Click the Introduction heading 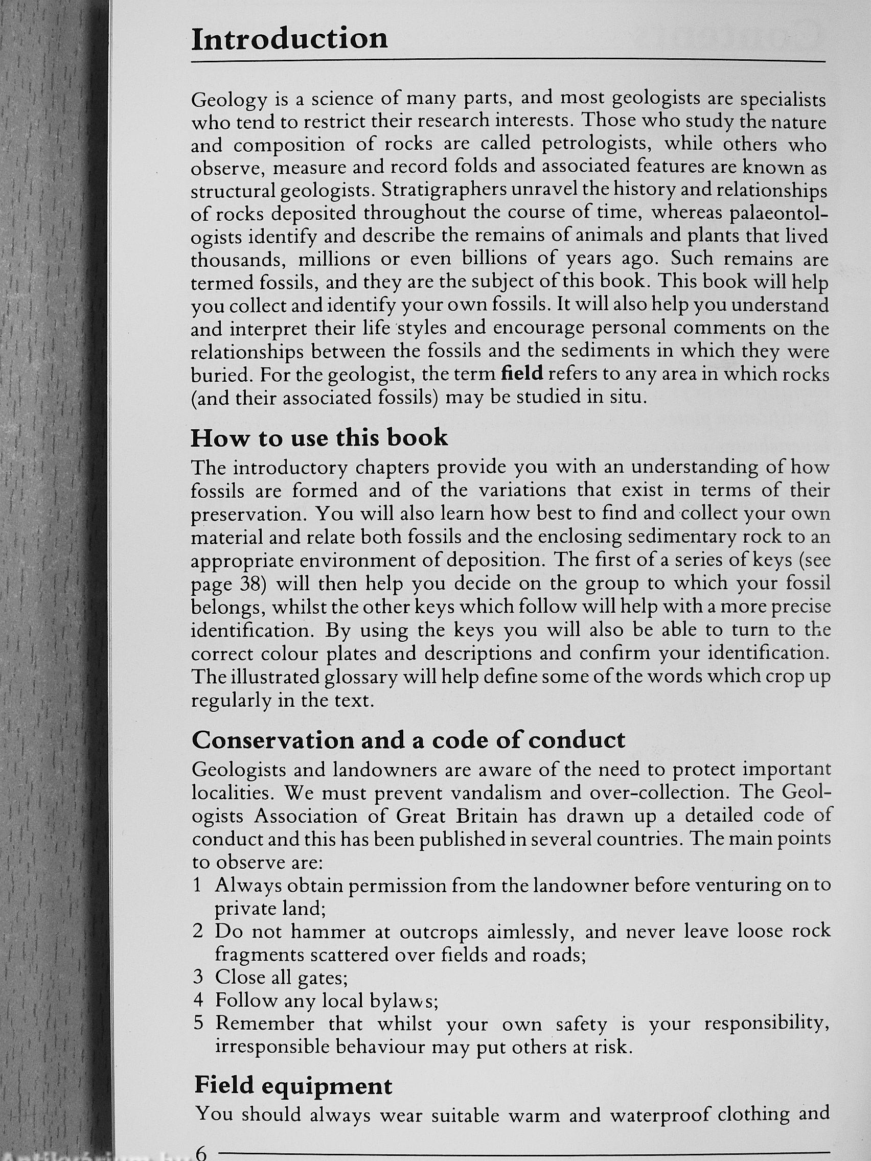[289, 39]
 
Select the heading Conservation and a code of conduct [408, 739]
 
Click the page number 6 [201, 1153]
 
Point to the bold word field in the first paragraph [522, 374]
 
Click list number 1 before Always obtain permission [197, 886]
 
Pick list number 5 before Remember [198, 1023]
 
